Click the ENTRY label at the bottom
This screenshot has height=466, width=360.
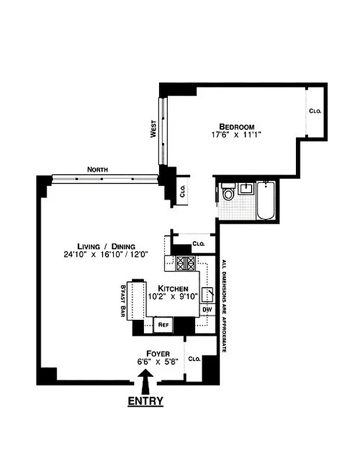tap(145, 401)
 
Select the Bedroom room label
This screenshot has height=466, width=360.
tap(237, 127)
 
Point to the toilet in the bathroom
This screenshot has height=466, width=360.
tap(228, 193)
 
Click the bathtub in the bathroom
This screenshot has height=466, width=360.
tap(266, 201)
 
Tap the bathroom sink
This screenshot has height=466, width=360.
tap(246, 188)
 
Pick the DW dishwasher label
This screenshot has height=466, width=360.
tap(207, 309)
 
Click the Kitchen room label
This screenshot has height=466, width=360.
tap(173, 288)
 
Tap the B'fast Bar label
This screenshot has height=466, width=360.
tap(123, 301)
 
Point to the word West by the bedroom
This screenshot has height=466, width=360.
tap(153, 129)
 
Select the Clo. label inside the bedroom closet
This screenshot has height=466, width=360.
tap(315, 111)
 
